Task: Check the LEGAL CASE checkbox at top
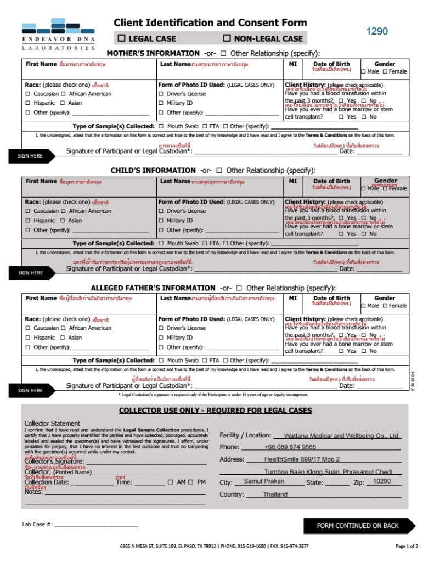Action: point(122,38)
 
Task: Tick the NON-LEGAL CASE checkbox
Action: point(227,38)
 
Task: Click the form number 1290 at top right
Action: point(376,31)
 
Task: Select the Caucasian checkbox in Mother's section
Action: point(28,94)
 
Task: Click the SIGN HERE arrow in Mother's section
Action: point(31,156)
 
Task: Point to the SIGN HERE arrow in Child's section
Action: point(31,273)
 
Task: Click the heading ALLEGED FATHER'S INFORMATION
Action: point(153,288)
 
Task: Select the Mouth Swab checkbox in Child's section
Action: point(161,243)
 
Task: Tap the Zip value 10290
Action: point(381,481)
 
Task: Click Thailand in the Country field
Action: point(275,494)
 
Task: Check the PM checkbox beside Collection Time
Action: point(190,482)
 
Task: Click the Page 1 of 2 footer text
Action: point(407,546)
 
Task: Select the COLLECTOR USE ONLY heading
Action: point(215,411)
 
